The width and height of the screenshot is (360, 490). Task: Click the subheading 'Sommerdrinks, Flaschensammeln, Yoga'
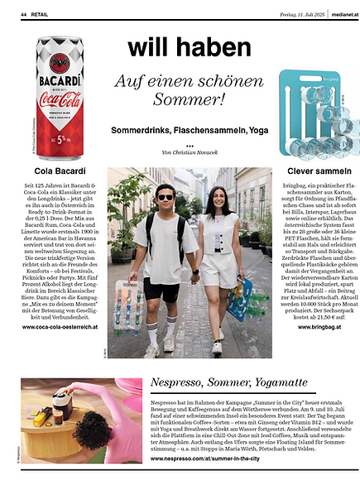[180, 131]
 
